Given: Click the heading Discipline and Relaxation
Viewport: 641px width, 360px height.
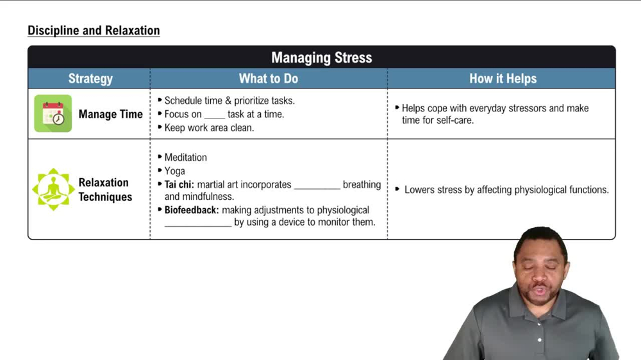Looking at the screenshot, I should (94, 30).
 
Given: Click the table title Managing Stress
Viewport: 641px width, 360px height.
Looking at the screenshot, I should (321, 58).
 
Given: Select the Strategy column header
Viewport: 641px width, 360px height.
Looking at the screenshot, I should (90, 79).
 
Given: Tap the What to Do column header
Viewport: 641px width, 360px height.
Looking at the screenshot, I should (268, 79).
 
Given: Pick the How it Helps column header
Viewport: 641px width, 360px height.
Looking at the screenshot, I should (503, 79).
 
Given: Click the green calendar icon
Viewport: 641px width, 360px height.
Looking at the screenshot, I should (53, 113).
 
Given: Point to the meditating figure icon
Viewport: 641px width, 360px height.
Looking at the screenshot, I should (53, 189).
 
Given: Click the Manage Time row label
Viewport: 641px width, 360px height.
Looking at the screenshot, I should (110, 114).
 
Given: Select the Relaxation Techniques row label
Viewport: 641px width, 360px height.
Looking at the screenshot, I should (105, 190).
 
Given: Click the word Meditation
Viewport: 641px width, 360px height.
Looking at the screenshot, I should (185, 158).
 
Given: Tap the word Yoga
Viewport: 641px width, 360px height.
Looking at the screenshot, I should (174, 171).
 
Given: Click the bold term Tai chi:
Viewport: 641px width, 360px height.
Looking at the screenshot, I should (179, 184).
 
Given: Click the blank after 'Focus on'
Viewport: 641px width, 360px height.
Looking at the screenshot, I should (215, 115).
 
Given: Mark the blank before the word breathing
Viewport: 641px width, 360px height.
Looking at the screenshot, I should (317, 186).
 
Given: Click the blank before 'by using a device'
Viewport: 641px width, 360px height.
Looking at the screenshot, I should (197, 224).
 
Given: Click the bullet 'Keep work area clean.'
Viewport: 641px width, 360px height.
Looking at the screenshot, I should (209, 127).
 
